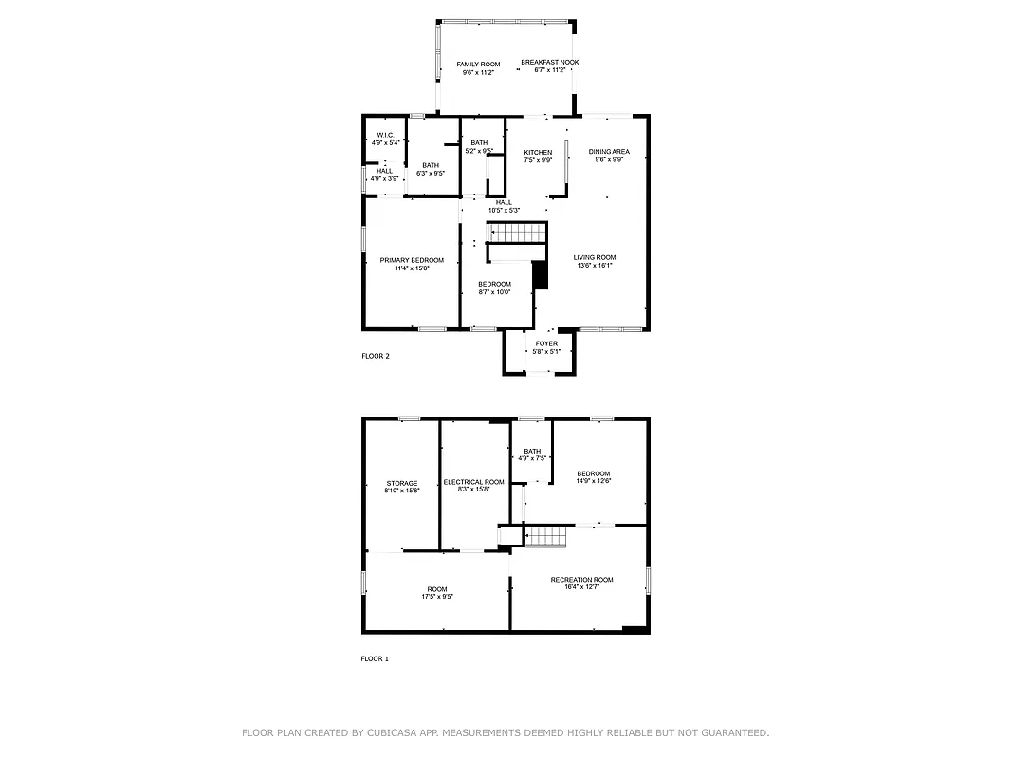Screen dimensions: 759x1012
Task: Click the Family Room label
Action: click(x=478, y=66)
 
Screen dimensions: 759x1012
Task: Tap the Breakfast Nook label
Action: click(x=550, y=66)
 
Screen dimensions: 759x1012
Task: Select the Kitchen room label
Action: click(x=538, y=156)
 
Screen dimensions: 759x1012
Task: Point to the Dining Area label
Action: click(x=609, y=155)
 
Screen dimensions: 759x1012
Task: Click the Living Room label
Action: click(x=595, y=261)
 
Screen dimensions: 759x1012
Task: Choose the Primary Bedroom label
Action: click(x=412, y=264)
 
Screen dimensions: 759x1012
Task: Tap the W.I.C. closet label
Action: click(x=385, y=139)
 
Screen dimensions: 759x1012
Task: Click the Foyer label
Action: click(x=546, y=347)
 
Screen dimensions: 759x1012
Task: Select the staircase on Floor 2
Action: click(x=518, y=233)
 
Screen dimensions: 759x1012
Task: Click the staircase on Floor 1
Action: click(x=546, y=536)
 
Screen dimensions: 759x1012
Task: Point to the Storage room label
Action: click(x=401, y=487)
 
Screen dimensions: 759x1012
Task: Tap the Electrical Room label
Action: click(x=473, y=485)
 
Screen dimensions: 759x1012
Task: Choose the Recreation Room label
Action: click(x=581, y=583)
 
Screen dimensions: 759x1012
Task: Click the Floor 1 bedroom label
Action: click(x=594, y=477)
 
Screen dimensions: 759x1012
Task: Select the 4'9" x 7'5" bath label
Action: click(x=532, y=454)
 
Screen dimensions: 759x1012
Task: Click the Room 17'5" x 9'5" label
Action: click(x=436, y=593)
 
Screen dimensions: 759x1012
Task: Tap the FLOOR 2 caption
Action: click(x=376, y=357)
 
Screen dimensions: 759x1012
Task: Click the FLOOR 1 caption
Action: click(x=375, y=658)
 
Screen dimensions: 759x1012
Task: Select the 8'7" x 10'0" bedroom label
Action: click(x=494, y=287)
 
